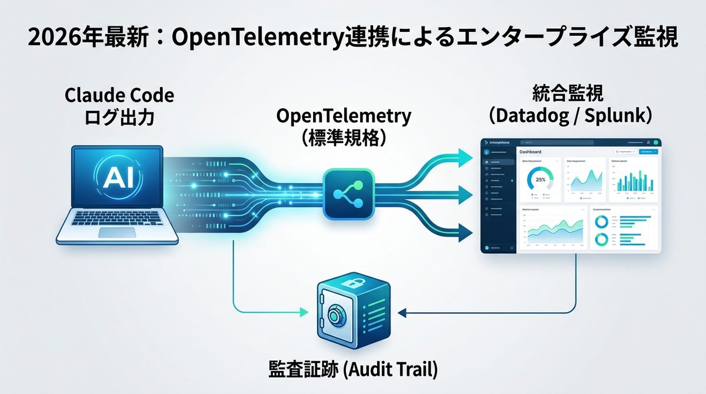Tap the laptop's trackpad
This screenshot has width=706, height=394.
tap(117, 232)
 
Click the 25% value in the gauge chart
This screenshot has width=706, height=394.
tap(541, 179)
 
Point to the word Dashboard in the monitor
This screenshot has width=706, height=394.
tap(531, 152)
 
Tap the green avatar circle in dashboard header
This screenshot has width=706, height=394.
tap(655, 143)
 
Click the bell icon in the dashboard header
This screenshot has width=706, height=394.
tap(648, 143)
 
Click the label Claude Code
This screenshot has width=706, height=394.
tap(120, 96)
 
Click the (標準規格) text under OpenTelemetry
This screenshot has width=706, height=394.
tap(344, 137)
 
